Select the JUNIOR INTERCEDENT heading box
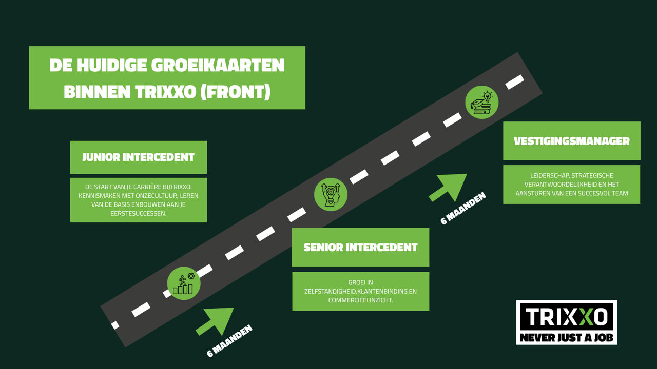pyautogui.click(x=138, y=157)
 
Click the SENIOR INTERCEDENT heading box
pyautogui.click(x=360, y=248)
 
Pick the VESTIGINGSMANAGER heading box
pyautogui.click(x=571, y=141)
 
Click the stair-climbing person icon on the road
pyautogui.click(x=184, y=283)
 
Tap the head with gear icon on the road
pyautogui.click(x=331, y=194)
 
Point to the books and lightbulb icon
pyautogui.click(x=481, y=102)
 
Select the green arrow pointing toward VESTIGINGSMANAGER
pyautogui.click(x=449, y=187)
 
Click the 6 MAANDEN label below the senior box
pyautogui.click(x=229, y=341)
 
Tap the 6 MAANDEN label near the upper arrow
pyautogui.click(x=463, y=209)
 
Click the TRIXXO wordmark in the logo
pyautogui.click(x=566, y=317)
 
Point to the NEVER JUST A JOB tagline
pyautogui.click(x=566, y=338)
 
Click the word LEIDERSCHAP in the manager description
pyautogui.click(x=551, y=176)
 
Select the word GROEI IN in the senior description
pyautogui.click(x=360, y=282)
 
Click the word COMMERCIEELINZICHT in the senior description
pyautogui.click(x=360, y=300)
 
